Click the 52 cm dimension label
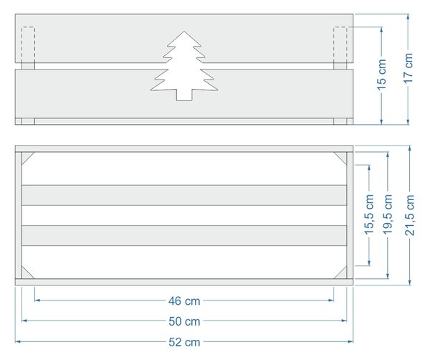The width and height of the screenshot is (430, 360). point(184,342)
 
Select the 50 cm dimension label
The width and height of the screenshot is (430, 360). point(184,321)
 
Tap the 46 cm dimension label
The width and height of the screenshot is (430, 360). point(184,301)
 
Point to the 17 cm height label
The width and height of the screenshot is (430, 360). point(408,68)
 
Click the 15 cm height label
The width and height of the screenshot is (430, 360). point(381,75)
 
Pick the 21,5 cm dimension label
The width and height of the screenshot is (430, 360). point(410,215)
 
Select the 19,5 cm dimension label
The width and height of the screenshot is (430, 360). point(388,214)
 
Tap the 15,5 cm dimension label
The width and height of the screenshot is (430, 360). point(369,214)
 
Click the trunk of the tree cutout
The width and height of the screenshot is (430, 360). point(184,95)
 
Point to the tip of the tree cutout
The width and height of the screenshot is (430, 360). point(184,31)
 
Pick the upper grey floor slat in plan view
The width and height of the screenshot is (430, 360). point(184,195)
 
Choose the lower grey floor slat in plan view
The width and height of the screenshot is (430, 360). point(184,235)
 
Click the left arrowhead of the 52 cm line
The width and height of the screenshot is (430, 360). point(18,341)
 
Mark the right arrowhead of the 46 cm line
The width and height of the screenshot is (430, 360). point(331,300)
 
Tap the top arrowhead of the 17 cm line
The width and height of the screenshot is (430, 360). point(408,16)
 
